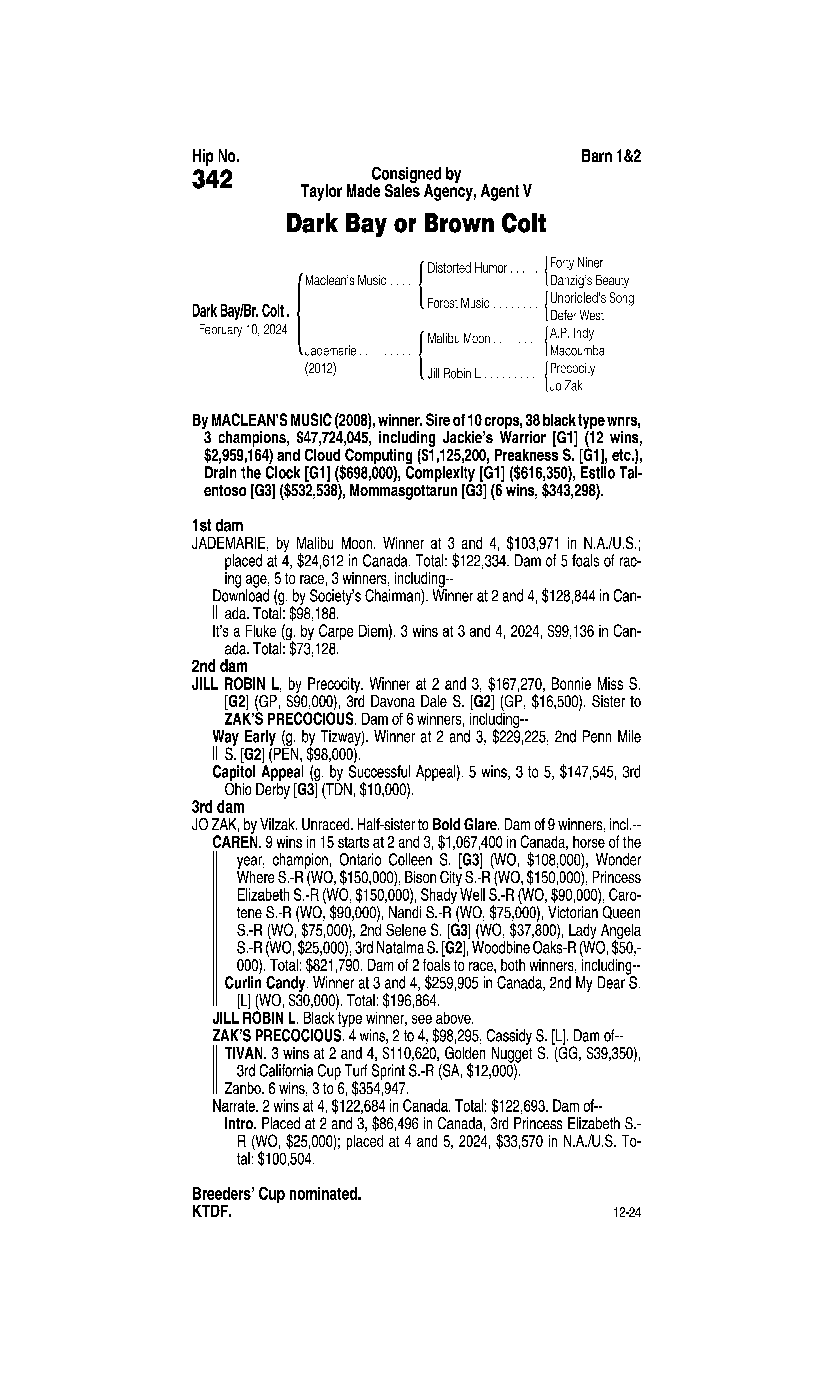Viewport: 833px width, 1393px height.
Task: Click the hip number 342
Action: coord(212,180)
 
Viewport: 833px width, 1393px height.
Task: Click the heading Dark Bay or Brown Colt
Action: coord(416,224)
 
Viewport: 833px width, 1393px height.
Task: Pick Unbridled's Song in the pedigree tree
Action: coord(592,298)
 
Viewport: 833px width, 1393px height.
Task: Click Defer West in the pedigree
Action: coord(577,315)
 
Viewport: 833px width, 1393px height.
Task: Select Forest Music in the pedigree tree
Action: coord(458,304)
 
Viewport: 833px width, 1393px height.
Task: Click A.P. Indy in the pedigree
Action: coord(571,333)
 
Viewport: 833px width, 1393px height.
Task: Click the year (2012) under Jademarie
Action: coord(320,369)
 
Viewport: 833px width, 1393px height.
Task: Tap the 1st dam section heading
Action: coord(217,526)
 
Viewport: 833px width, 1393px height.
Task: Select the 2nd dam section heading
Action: coord(219,666)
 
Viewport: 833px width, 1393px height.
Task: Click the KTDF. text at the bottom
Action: coord(212,1212)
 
